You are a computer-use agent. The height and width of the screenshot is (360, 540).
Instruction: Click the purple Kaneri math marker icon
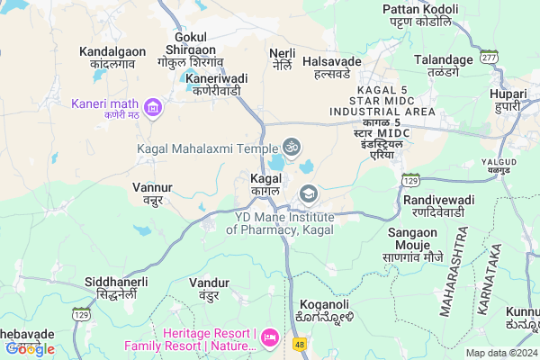click(x=154, y=110)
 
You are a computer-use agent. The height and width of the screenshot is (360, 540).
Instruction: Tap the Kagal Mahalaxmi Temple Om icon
click(x=291, y=145)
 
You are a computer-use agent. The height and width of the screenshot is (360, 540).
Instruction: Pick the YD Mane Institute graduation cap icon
click(x=309, y=193)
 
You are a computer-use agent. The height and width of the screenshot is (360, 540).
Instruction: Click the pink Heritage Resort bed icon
click(x=269, y=337)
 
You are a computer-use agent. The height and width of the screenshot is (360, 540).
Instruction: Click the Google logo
click(x=31, y=348)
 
